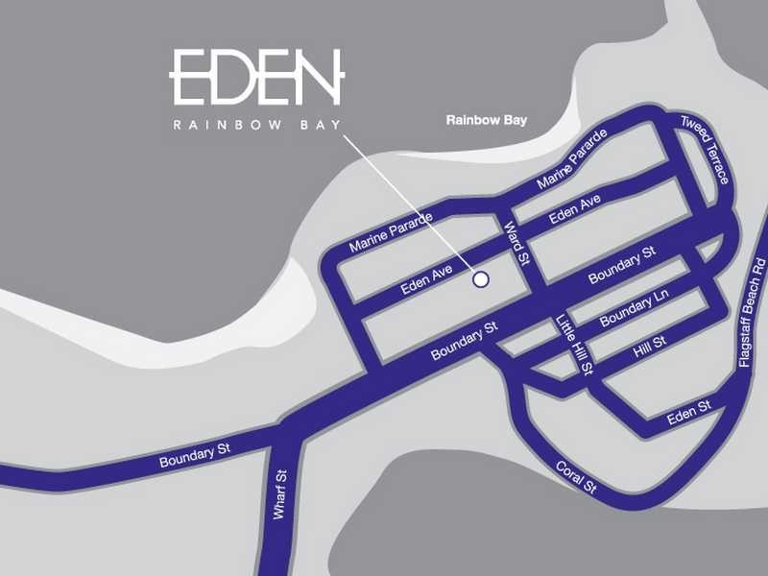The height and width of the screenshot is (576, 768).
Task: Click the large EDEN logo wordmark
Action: click(x=255, y=77)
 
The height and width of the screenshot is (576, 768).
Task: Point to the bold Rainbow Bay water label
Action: click(x=487, y=121)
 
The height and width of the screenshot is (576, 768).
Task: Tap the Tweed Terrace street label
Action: click(x=705, y=149)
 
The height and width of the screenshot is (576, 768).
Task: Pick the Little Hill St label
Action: click(x=576, y=345)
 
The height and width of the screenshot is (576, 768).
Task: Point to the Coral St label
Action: click(x=576, y=477)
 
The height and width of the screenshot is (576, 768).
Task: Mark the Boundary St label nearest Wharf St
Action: click(x=195, y=455)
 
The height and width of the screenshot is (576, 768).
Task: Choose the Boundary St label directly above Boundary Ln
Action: click(x=621, y=264)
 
